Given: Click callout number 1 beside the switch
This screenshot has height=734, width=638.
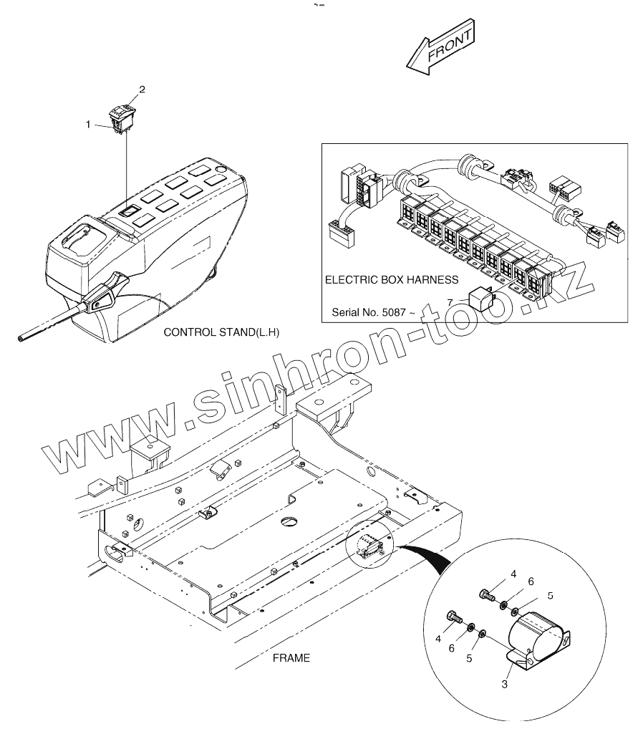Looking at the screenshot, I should pos(89,125).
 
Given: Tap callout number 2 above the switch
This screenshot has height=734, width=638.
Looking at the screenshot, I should pos(142,90).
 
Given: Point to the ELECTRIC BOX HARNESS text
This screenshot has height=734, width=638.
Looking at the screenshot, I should pos(392,280).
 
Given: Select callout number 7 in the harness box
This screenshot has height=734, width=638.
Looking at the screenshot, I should pos(449,302).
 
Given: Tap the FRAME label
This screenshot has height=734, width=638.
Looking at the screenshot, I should pos(291,658).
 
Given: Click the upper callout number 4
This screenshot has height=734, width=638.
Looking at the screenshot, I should pos(513,574).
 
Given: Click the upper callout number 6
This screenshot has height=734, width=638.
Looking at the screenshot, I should pos(531,582).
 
